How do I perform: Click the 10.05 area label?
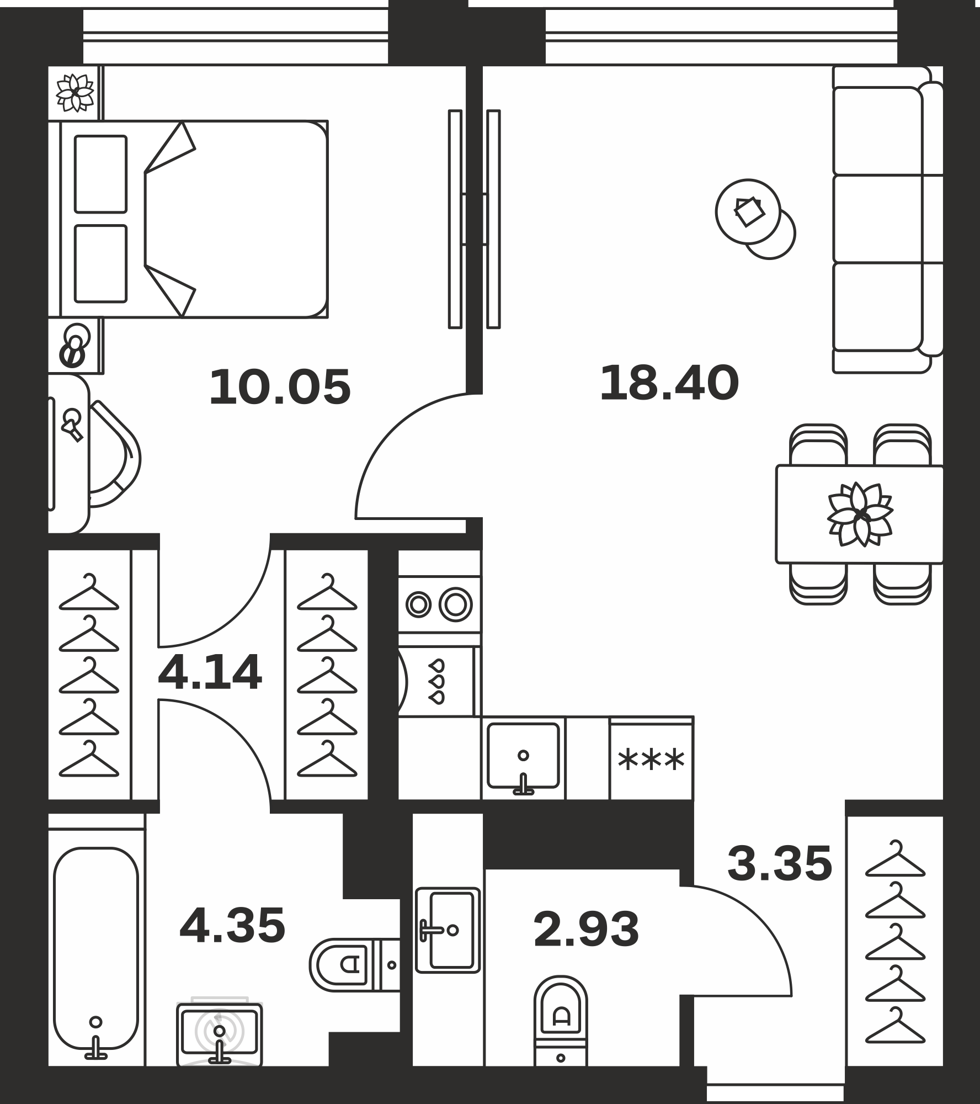point(280,388)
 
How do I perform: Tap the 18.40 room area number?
point(669,384)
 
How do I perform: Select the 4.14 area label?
point(210,673)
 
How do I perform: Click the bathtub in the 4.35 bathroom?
point(96,952)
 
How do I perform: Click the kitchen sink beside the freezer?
point(523,757)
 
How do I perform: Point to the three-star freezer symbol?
point(651,761)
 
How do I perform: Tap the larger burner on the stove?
point(456,604)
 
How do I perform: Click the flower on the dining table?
point(860,514)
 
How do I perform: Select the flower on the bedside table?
point(76,92)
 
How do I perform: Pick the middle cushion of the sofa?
point(877,219)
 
